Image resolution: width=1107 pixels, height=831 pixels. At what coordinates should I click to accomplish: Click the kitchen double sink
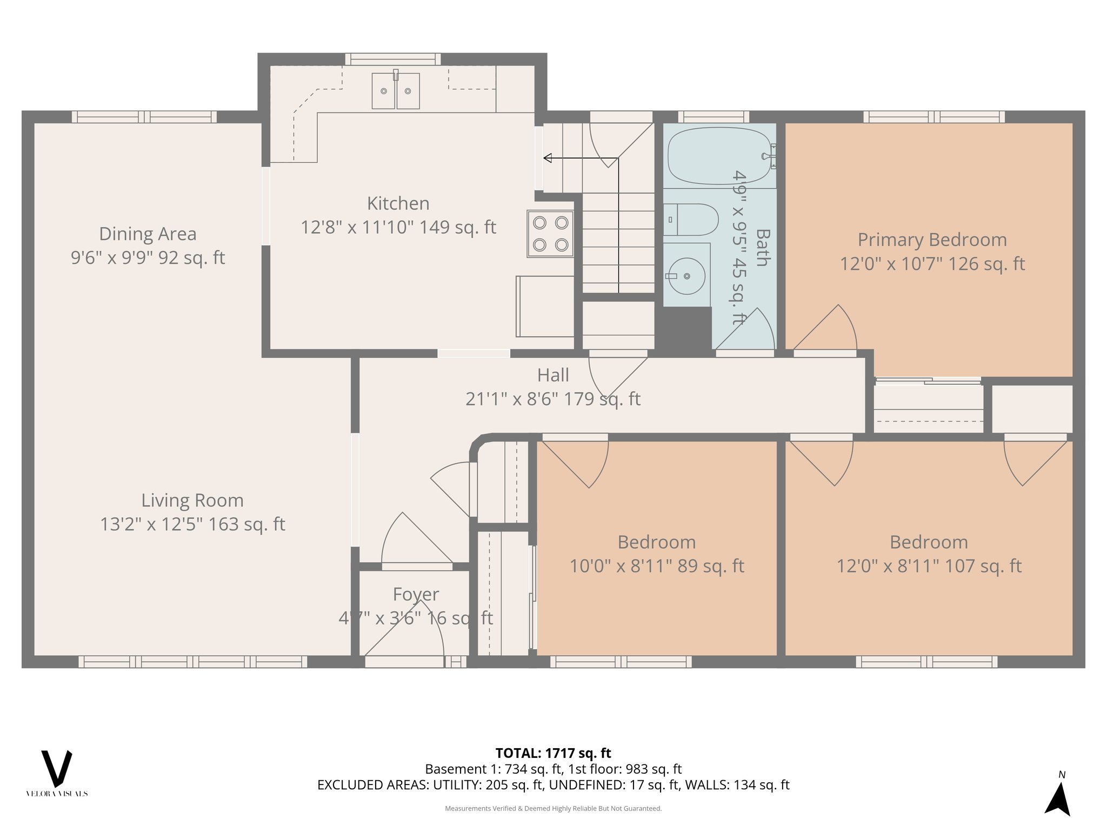click(x=396, y=91)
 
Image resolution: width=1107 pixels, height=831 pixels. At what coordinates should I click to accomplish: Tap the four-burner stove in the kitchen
click(x=550, y=234)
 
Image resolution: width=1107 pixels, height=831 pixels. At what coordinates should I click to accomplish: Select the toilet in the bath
click(x=692, y=220)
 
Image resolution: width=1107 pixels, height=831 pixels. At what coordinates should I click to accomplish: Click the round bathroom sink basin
click(x=686, y=276)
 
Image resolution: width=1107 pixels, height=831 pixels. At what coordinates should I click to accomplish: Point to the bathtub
click(x=719, y=156)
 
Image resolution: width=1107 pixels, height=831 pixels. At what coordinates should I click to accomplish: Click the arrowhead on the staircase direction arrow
click(x=548, y=158)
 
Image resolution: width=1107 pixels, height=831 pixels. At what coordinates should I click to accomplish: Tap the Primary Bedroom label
click(x=932, y=240)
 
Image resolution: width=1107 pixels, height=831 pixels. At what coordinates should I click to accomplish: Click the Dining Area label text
click(x=148, y=234)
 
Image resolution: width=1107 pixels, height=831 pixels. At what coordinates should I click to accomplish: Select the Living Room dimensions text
click(x=192, y=524)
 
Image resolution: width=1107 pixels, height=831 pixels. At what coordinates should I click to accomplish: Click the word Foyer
click(x=416, y=594)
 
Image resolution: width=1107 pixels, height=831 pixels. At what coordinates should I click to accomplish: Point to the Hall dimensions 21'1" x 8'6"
click(x=552, y=399)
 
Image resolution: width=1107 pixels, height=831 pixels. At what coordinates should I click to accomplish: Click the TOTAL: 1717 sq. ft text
click(x=553, y=753)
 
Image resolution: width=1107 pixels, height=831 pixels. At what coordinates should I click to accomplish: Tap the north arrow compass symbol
click(x=1058, y=798)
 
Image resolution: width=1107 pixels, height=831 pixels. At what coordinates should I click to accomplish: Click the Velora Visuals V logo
click(x=57, y=769)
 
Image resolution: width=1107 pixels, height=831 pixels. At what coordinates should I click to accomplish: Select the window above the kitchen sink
click(x=393, y=59)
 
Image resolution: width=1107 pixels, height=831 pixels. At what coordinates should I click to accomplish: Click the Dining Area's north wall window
click(x=144, y=117)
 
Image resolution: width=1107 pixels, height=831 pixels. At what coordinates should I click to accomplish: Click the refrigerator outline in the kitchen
click(x=545, y=306)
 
